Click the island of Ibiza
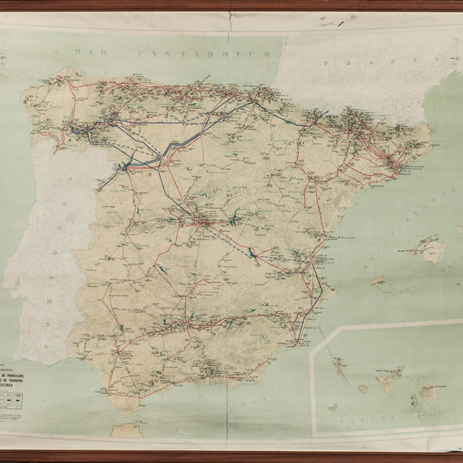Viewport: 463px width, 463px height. tap(380, 280)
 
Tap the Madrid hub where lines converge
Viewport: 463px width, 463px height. tap(202, 223)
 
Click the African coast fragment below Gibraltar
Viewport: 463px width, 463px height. tap(129, 428)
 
